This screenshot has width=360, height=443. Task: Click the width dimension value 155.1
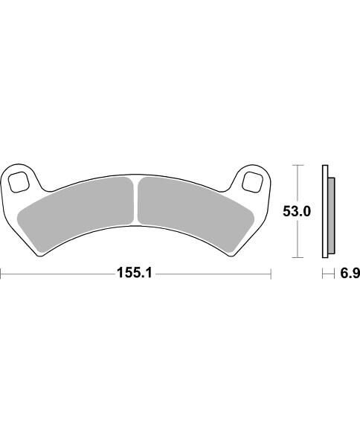coord(134,274)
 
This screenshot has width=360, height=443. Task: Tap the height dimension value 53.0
coord(296,212)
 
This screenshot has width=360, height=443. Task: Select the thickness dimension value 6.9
coord(350,274)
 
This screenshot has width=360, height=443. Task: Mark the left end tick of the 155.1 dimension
coord(1,274)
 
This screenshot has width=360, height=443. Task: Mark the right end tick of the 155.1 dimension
coord(271,274)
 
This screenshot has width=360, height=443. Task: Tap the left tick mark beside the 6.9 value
coord(323,274)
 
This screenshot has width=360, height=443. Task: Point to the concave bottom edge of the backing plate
coord(136,239)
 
